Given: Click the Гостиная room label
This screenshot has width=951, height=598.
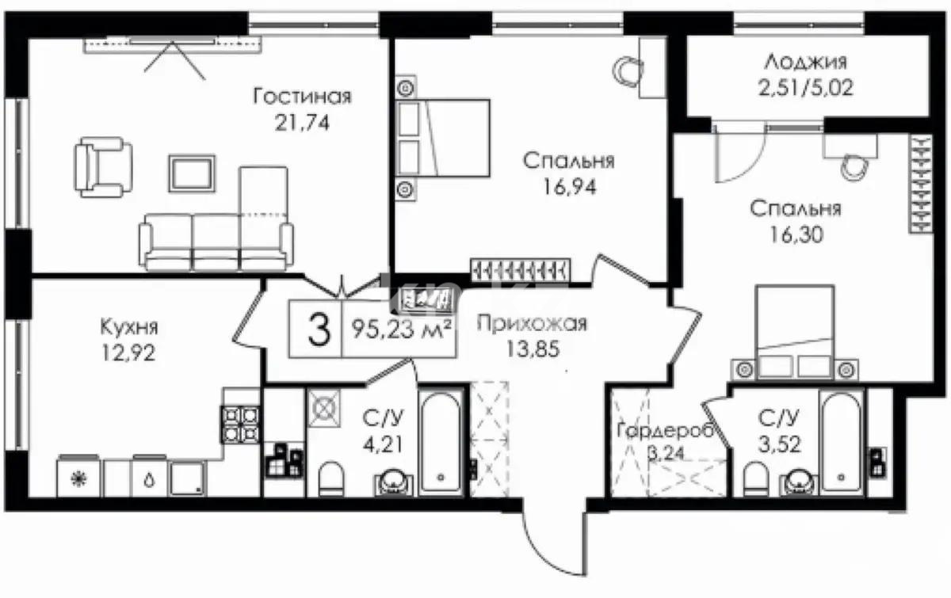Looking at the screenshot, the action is tap(302, 97).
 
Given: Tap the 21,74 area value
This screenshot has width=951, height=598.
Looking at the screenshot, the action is tap(302, 123).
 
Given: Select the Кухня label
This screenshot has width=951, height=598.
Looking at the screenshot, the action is tap(129, 327).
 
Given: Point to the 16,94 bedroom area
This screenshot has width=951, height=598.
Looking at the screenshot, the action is tap(570, 187).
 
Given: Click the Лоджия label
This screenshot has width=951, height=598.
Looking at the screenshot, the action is tap(806, 63).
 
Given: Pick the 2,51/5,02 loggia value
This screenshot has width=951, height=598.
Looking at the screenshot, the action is tap(806, 88).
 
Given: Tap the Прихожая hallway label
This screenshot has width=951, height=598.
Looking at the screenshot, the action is tap(532, 323).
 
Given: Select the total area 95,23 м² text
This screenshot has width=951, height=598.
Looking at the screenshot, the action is tap(401, 329).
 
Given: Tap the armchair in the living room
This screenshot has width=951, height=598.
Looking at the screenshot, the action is tap(103, 167).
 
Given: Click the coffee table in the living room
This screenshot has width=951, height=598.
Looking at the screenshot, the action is tap(192, 173).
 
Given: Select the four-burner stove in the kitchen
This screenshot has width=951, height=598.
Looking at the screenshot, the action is tap(240, 425).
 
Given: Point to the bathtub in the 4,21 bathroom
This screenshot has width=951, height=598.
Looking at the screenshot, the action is tap(441, 443).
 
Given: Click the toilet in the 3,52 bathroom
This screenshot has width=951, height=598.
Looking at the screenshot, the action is tap(756, 478).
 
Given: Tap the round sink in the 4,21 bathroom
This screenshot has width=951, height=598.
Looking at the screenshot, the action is tap(394, 482).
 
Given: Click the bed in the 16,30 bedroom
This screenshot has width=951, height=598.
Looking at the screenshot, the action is tap(794, 332).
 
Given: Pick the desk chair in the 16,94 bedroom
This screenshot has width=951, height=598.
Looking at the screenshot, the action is tap(628, 70).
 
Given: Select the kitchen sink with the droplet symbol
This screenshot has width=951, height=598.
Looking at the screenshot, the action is tap(149, 476).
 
